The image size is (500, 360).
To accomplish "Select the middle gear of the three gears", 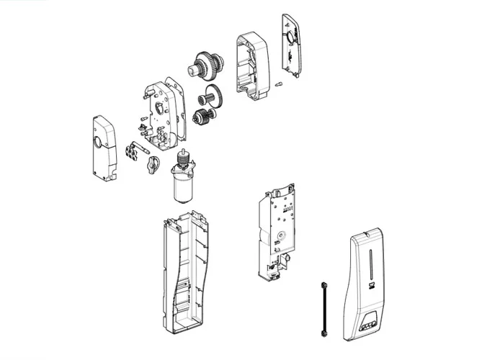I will point(211,94).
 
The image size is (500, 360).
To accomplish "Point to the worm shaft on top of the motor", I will point(186,157).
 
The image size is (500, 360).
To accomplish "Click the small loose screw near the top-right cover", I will point(280,85).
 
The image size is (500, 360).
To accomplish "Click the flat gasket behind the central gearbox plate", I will point(177,108).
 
